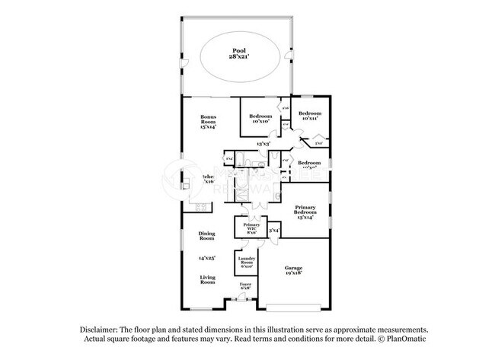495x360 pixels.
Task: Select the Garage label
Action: point(295,270)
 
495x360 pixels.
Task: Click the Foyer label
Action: point(245,287)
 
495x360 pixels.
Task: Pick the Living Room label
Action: point(208,279)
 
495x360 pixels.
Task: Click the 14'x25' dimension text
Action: point(207,258)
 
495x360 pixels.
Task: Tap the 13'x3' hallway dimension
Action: point(264,143)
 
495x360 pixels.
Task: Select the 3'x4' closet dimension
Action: point(275,229)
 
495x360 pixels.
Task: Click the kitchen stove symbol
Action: point(202,206)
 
